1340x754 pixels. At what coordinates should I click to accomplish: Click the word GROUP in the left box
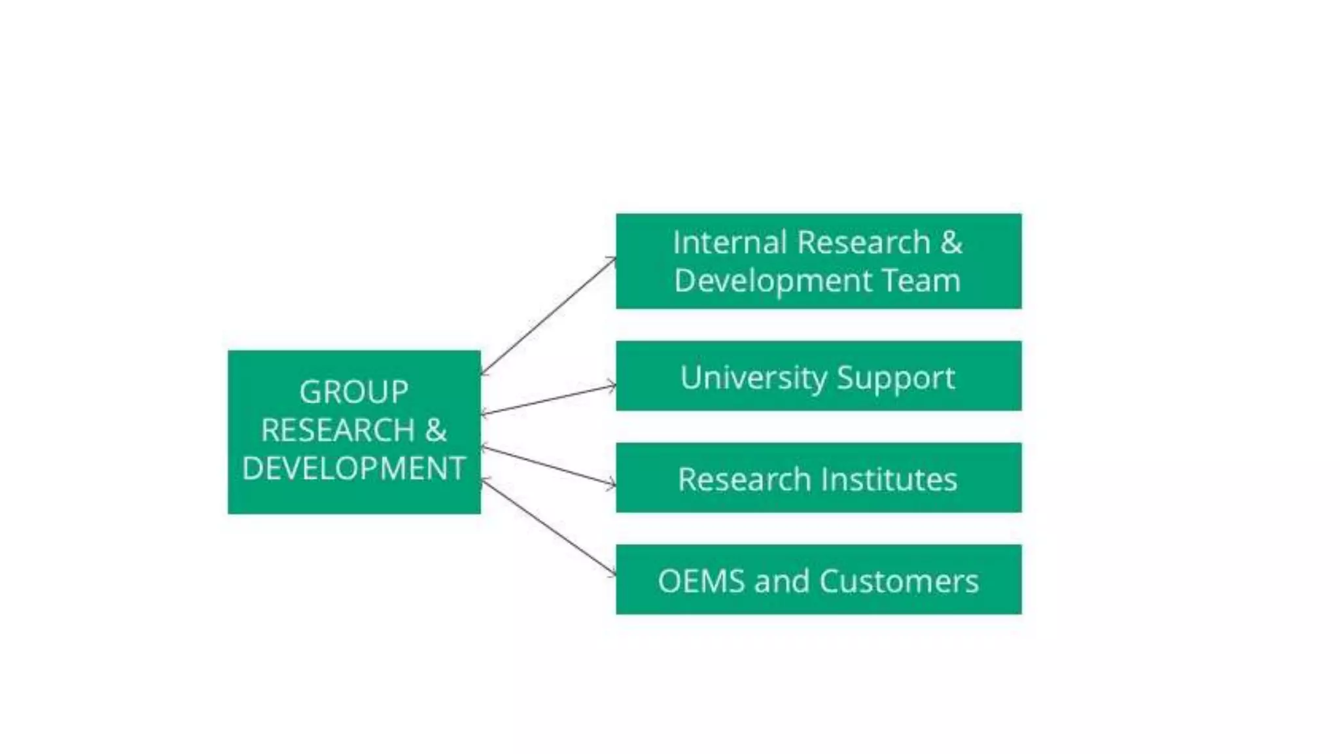353,393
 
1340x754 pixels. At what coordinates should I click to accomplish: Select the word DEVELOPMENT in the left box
353,469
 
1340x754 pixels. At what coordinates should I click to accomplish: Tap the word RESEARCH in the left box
338,431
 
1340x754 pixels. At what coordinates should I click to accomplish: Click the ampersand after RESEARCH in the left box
436,431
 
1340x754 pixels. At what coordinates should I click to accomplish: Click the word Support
896,378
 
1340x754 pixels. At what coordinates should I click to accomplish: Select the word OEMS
701,581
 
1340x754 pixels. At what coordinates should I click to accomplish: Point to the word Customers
899,581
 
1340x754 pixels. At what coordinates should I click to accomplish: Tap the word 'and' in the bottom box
781,581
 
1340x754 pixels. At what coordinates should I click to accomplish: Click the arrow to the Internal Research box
548,315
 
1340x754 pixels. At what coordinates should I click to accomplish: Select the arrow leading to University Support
548,399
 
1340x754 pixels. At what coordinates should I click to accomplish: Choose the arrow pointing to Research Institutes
548,466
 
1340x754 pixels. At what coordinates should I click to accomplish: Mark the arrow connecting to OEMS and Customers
548,528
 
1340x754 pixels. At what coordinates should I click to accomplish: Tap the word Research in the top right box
864,243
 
